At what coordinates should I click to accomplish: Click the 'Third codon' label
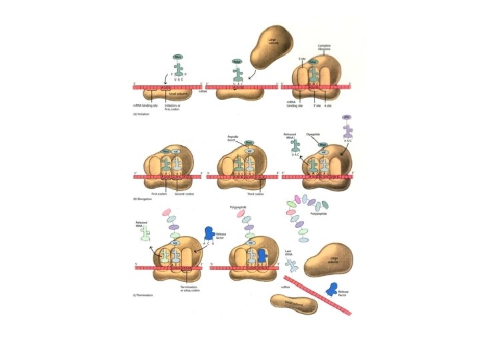pyautogui.click(x=255, y=194)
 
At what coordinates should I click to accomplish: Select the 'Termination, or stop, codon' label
pyautogui.click(x=192, y=290)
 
